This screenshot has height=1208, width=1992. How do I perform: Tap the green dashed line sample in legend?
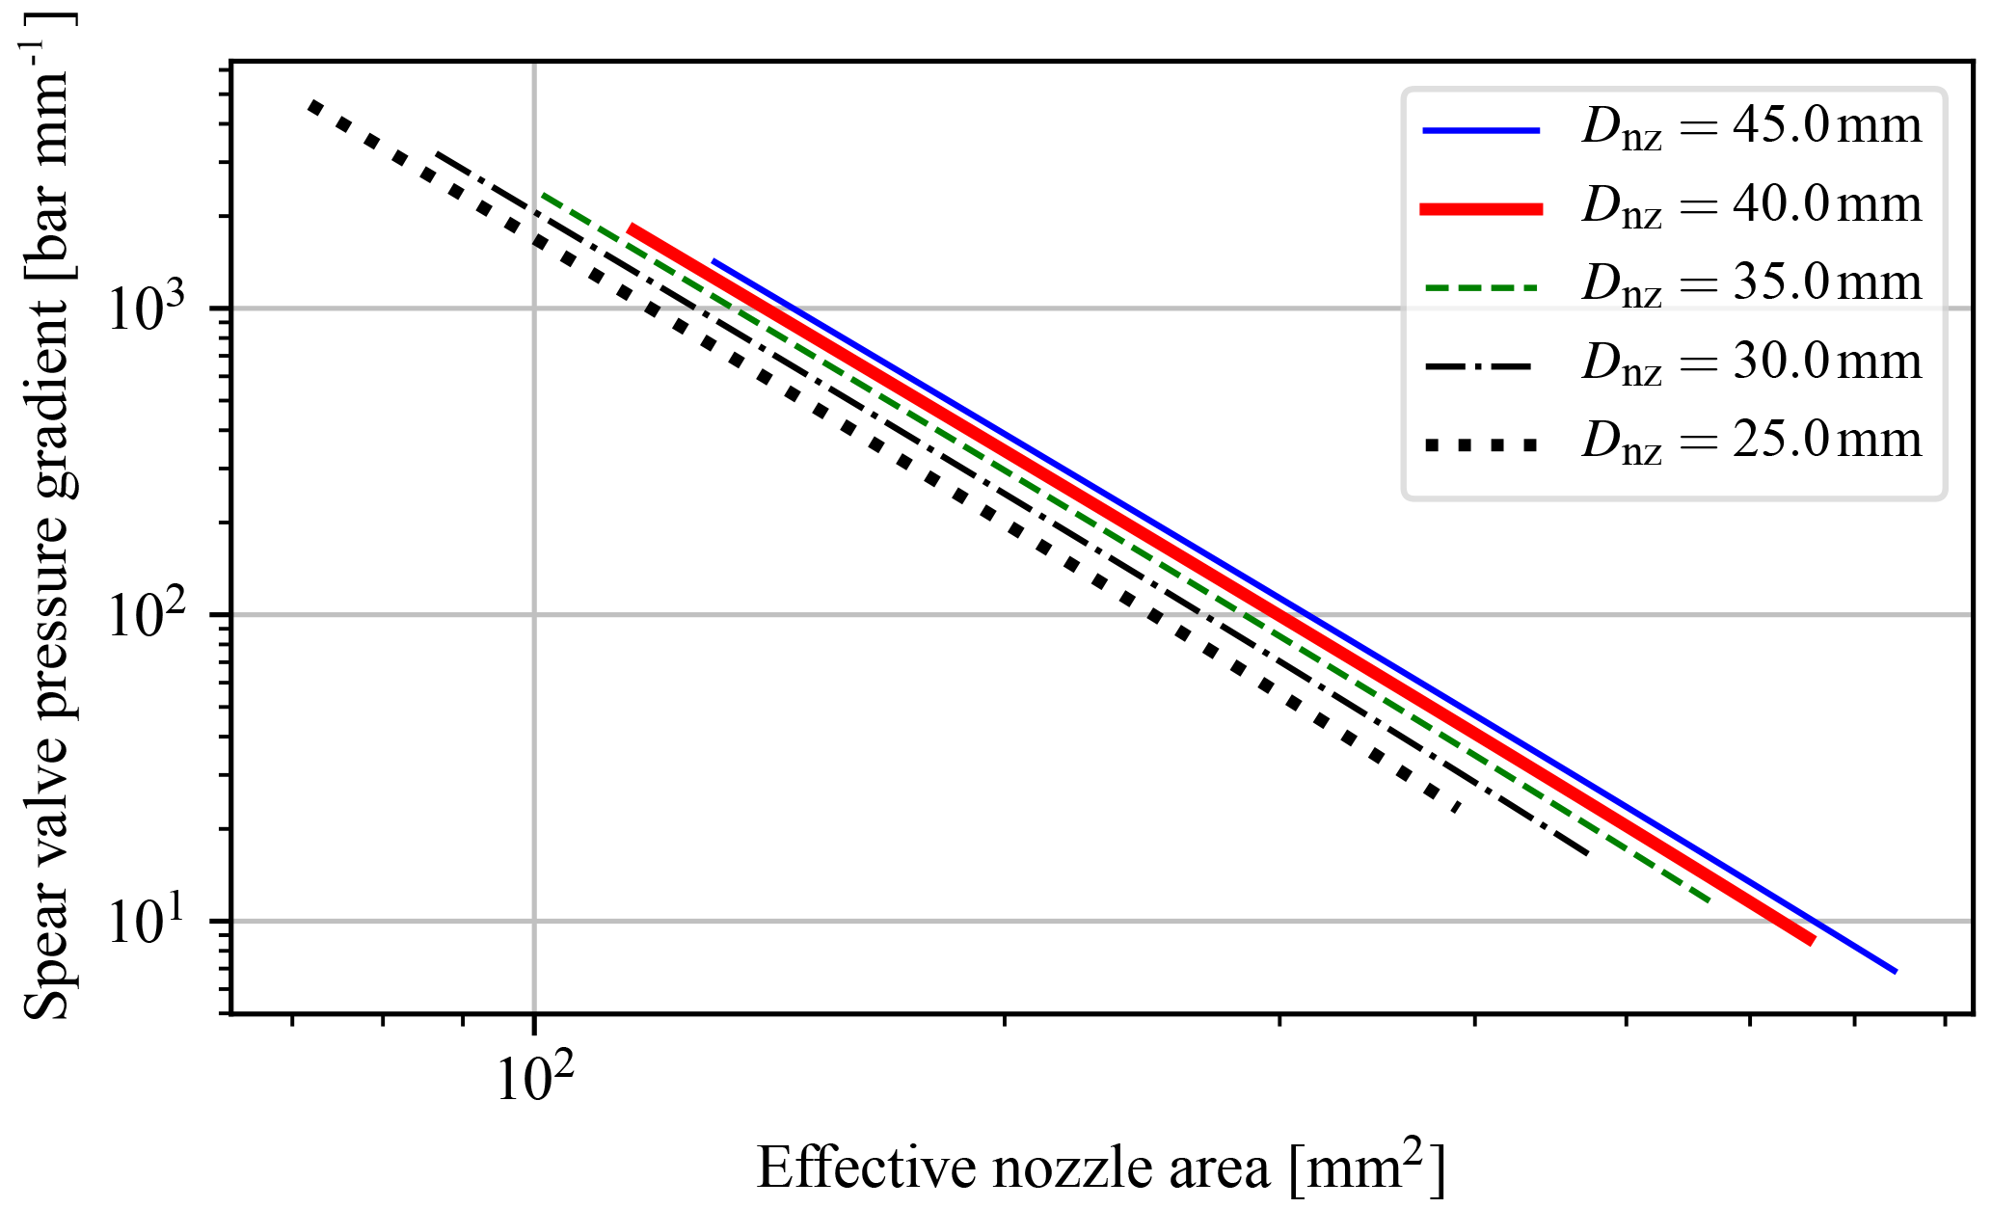click(1482, 287)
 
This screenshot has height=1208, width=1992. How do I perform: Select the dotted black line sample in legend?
click(1482, 444)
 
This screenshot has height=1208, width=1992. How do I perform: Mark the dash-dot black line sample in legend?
click(1482, 366)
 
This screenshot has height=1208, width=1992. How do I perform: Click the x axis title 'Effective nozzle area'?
click(1100, 1168)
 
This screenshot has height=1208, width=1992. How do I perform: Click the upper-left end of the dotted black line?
click(310, 103)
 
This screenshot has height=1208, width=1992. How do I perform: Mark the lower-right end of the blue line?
click(1896, 972)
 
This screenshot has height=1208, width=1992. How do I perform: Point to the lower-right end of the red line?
click(1813, 941)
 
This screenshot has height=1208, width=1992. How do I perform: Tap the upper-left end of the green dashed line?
click(543, 195)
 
